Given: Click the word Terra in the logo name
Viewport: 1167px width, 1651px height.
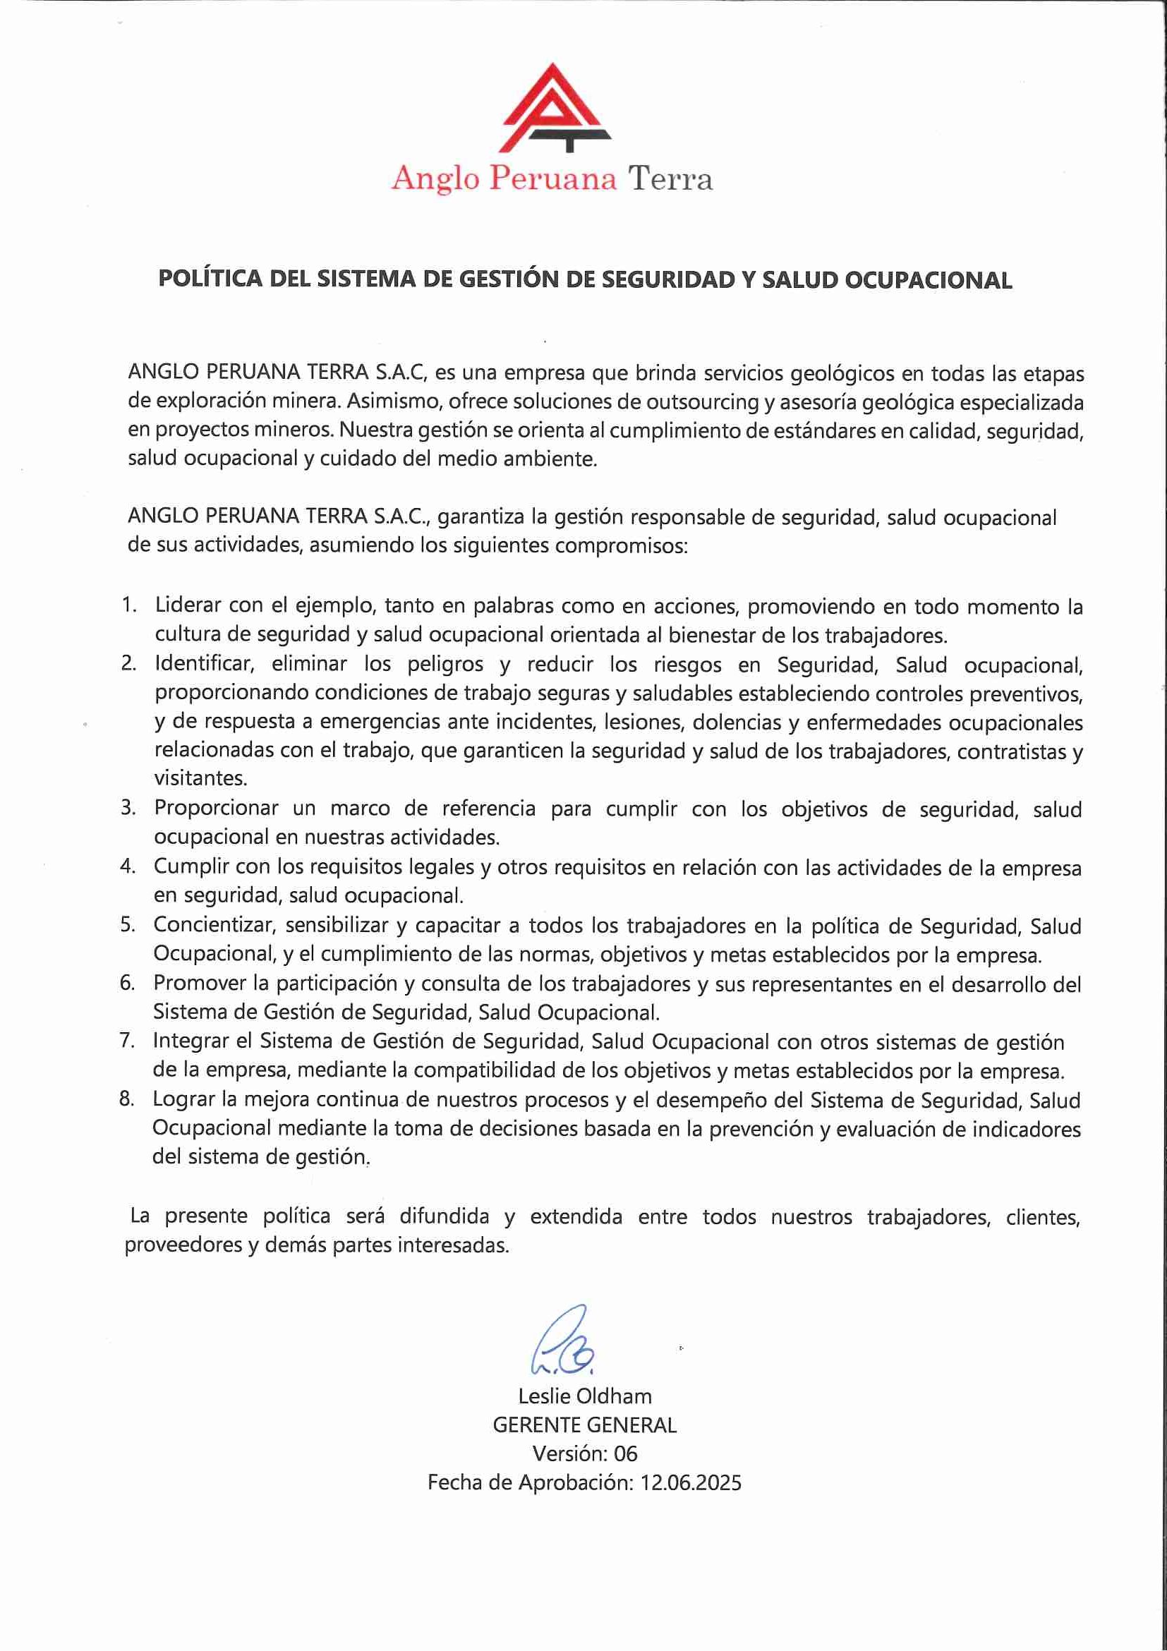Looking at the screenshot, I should coord(670,179).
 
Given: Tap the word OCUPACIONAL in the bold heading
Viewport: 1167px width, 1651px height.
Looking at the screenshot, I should coord(928,279).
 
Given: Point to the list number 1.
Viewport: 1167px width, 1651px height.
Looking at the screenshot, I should coord(128,605).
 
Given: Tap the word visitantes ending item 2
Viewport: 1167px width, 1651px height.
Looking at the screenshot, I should coord(200,778).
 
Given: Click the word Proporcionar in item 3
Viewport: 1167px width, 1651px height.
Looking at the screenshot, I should coord(216,809).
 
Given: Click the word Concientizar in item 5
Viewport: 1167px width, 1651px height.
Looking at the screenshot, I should coord(214,926).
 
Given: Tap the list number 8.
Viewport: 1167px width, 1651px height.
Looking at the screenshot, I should coord(126,1099).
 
